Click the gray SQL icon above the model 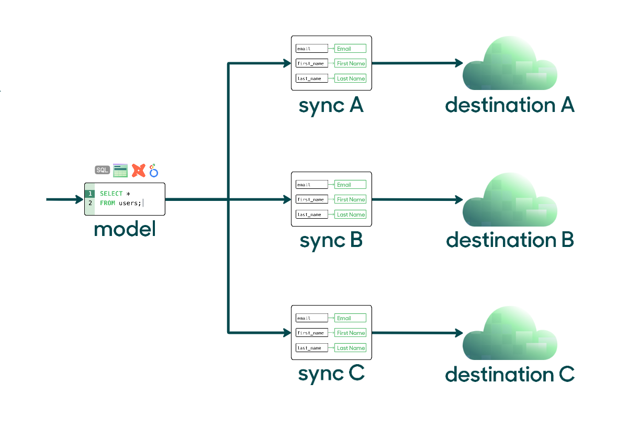(102, 170)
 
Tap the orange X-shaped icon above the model (139, 170)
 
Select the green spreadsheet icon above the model (120, 171)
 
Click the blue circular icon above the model (154, 171)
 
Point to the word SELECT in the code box (111, 194)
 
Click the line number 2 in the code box (90, 203)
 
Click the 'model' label (125, 229)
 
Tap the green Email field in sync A (350, 49)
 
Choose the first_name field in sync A (312, 63)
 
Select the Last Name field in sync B (350, 215)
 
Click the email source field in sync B (312, 185)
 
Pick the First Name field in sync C (350, 333)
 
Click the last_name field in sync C (312, 348)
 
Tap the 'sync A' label (331, 106)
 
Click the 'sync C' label (331, 374)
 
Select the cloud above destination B (510, 199)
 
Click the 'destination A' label (510, 105)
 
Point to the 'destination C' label (510, 374)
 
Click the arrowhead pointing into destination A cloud (459, 63)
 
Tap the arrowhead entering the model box (80, 199)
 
